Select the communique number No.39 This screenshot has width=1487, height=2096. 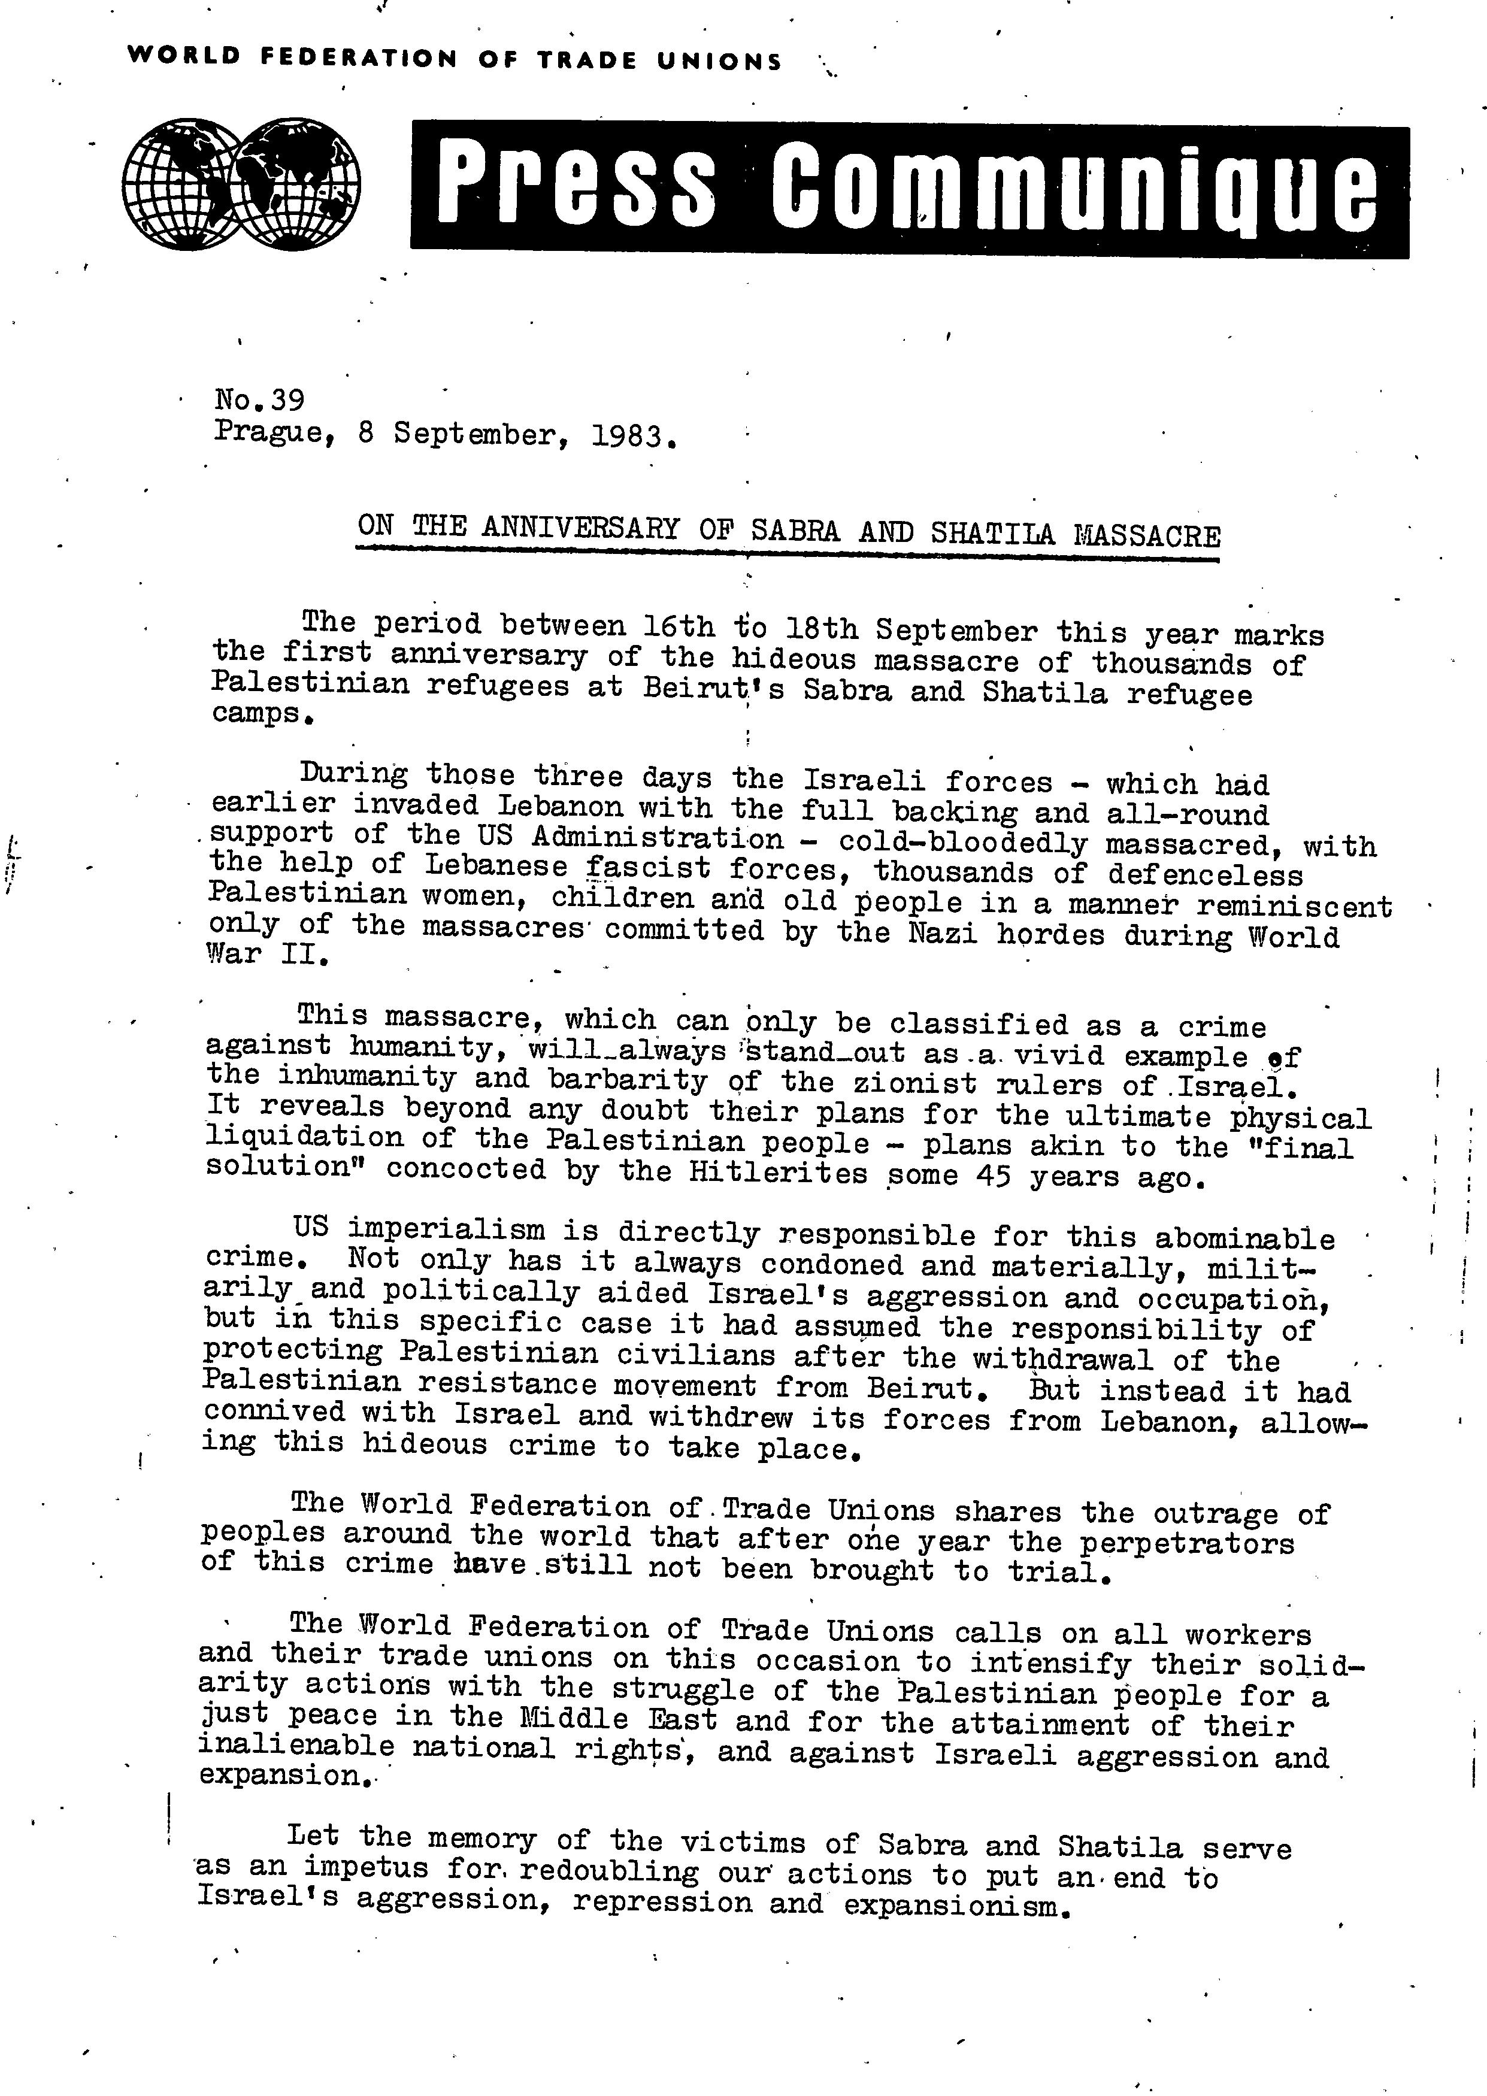[259, 400]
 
